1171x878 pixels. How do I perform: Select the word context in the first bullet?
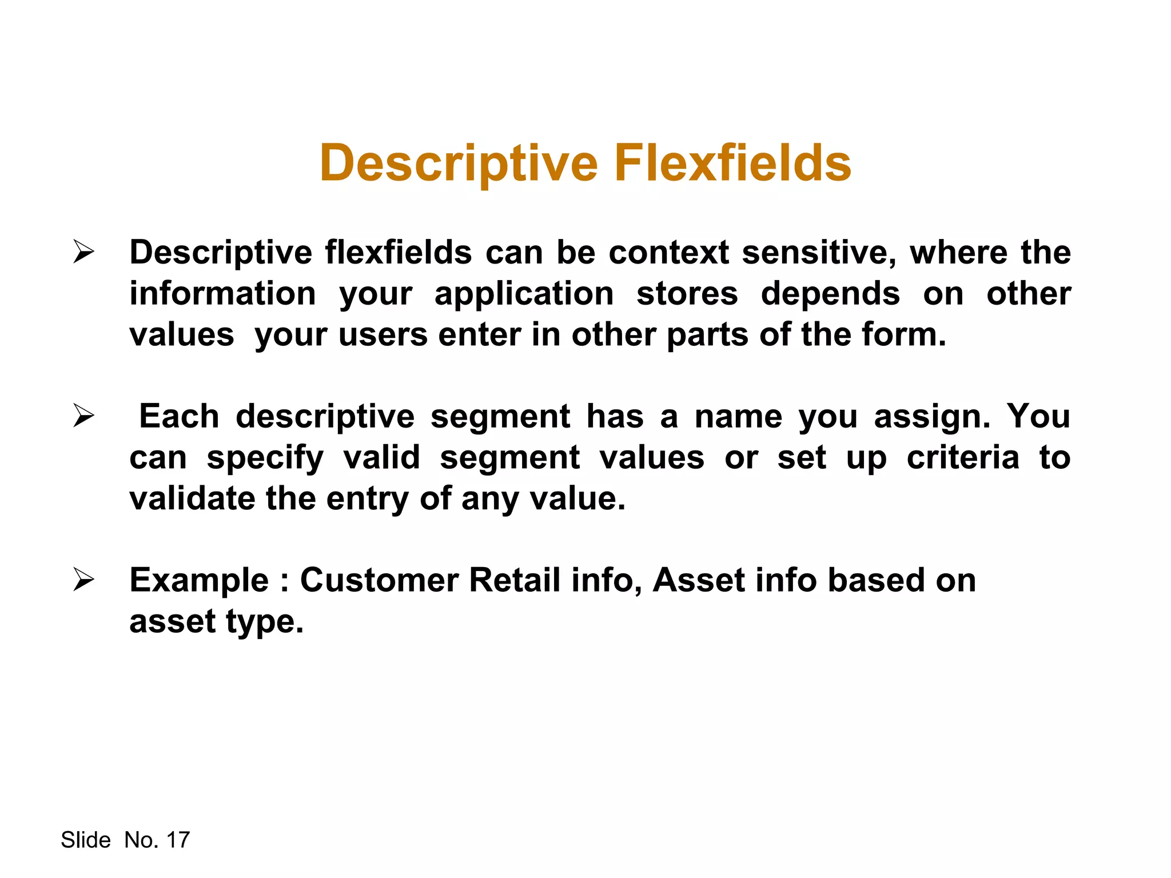pyautogui.click(x=668, y=253)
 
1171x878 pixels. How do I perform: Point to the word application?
pyautogui.click(x=524, y=295)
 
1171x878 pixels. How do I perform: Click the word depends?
pyautogui.click(x=830, y=294)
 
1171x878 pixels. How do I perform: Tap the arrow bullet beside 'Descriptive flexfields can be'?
pyautogui.click(x=83, y=253)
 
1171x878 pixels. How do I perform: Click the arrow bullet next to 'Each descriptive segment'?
pyautogui.click(x=83, y=416)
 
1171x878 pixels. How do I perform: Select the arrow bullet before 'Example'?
pyautogui.click(x=83, y=580)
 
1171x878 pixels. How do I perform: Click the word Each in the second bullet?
pyautogui.click(x=179, y=416)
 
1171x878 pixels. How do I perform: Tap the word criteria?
pyautogui.click(x=963, y=458)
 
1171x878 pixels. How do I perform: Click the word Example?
pyautogui.click(x=199, y=581)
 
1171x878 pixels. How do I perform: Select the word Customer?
pyautogui.click(x=379, y=581)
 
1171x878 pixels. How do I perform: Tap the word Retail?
pyautogui.click(x=514, y=581)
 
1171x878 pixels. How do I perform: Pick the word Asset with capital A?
pyautogui.click(x=698, y=581)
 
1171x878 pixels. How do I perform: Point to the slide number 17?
pyautogui.click(x=178, y=840)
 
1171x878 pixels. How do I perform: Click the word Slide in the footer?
pyautogui.click(x=86, y=840)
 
